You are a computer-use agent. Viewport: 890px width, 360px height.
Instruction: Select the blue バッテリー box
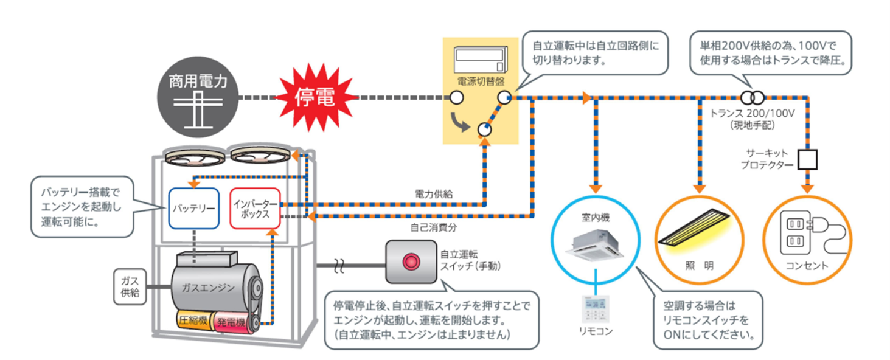[x=193, y=208]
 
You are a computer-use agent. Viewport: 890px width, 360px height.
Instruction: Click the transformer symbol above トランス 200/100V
[x=752, y=97]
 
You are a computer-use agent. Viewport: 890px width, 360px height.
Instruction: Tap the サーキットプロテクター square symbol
[x=807, y=159]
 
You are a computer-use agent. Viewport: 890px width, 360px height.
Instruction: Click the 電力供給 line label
[x=433, y=194]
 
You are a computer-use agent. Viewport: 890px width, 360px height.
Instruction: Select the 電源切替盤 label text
[x=480, y=80]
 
